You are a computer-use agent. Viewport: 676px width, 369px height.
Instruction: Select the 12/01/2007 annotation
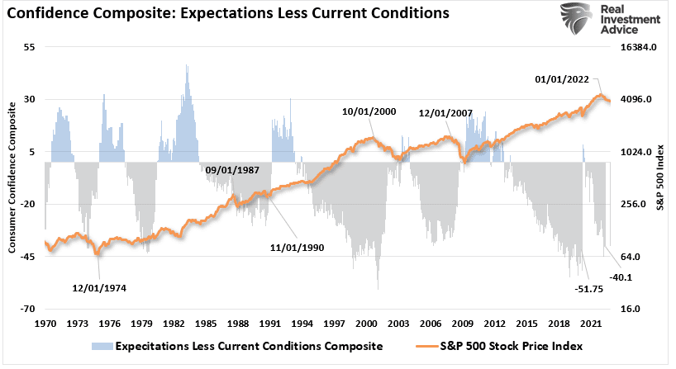446,114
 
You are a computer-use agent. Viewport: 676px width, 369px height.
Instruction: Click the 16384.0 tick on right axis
638,48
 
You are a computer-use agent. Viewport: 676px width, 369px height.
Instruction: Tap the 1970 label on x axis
46,324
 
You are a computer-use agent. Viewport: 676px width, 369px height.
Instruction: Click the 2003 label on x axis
398,324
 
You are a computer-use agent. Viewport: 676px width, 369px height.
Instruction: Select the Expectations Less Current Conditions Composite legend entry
248,346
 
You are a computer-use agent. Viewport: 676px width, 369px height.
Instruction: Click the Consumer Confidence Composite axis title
12,178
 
